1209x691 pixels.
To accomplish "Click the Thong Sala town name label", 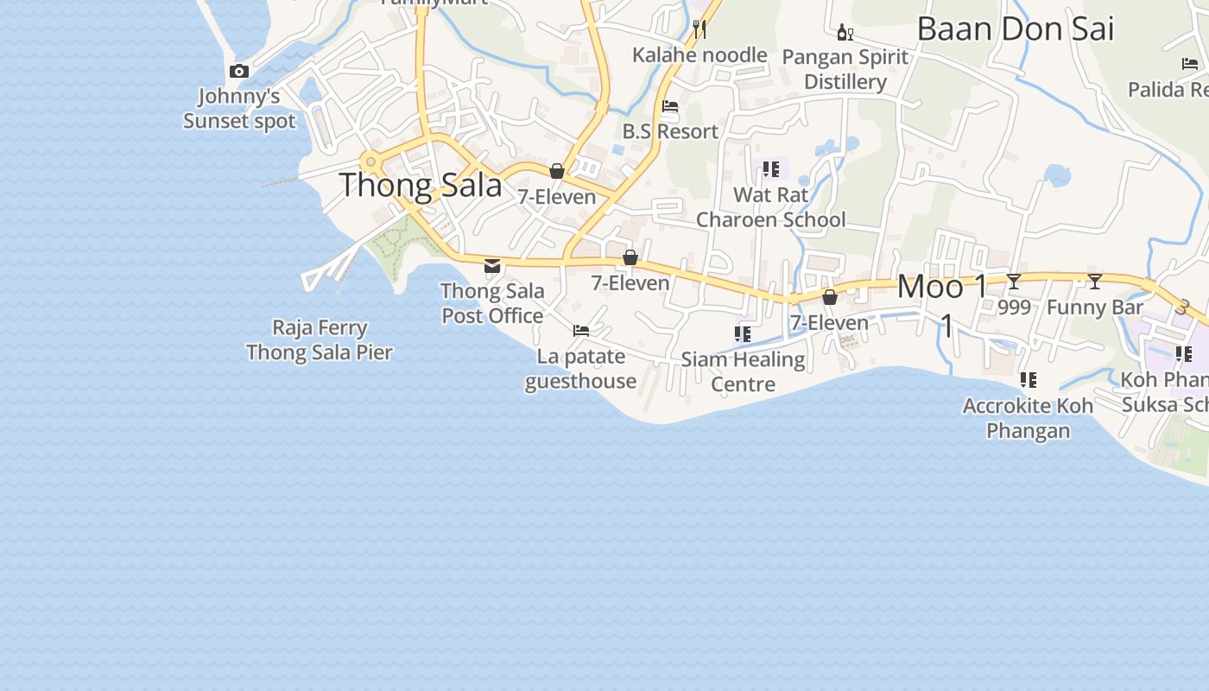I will [x=421, y=185].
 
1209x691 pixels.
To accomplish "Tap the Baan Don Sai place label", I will [x=1015, y=29].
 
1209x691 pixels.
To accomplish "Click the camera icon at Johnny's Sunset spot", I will [x=239, y=72].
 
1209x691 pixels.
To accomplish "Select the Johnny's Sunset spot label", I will [x=239, y=108].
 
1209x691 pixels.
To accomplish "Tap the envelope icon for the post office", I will [x=492, y=266].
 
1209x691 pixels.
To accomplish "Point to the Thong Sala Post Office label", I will [x=492, y=303].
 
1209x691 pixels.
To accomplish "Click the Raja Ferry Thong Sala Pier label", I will [x=320, y=340].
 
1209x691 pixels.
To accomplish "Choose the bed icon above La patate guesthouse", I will [x=581, y=331].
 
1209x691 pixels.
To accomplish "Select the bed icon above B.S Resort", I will [x=670, y=106].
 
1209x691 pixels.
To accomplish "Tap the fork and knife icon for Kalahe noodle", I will [x=699, y=29].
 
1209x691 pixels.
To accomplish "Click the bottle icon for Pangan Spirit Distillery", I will [x=845, y=33].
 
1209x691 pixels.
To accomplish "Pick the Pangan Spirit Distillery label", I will [x=845, y=69].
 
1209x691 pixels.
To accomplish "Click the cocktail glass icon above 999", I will [x=1014, y=281].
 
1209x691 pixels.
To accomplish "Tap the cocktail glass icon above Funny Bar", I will [x=1095, y=281].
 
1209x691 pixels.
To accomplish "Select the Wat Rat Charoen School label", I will [x=770, y=207].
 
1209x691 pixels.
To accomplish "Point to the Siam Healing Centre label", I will [x=743, y=371].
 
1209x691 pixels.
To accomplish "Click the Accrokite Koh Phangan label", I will [x=1028, y=418].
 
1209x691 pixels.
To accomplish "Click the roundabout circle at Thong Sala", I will [x=371, y=162].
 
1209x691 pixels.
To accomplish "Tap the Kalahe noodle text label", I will [x=699, y=55].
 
